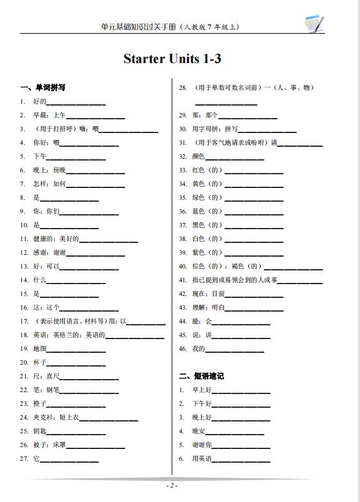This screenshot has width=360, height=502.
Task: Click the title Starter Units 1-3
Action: click(173, 59)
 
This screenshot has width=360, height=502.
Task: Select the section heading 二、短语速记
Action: click(201, 376)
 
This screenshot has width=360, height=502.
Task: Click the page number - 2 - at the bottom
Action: click(172, 486)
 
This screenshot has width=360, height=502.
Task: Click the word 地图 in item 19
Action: click(40, 349)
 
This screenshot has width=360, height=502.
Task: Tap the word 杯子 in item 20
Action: click(40, 363)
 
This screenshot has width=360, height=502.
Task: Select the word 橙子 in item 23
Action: click(40, 404)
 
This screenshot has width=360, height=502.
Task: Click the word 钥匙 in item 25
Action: click(40, 431)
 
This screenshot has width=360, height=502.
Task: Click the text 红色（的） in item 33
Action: click(207, 170)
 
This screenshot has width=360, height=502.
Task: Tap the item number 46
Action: click(183, 348)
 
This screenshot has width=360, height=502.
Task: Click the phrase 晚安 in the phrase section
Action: click(198, 431)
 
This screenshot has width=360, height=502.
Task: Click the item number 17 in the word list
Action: click(24, 322)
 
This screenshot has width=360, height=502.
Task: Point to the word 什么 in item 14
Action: click(40, 280)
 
